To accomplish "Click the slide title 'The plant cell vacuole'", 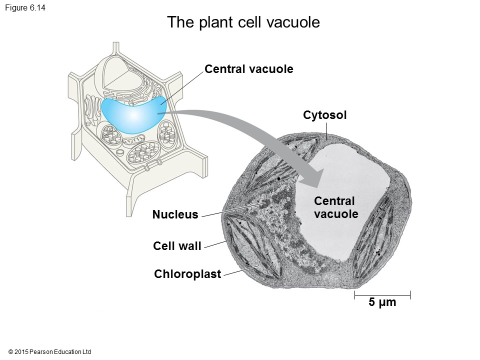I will [243, 22].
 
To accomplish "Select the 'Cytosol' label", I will [325, 115].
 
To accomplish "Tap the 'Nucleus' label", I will [175, 215].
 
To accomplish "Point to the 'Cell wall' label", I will [177, 245].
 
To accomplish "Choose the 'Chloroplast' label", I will [187, 274].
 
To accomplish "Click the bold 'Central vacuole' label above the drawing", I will [249, 69].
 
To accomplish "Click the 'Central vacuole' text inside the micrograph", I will [336, 207].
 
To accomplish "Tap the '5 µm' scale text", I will [382, 302].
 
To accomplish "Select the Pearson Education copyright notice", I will [50, 352].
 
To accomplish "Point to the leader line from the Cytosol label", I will [325, 129].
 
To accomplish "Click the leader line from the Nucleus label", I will [230, 210].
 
